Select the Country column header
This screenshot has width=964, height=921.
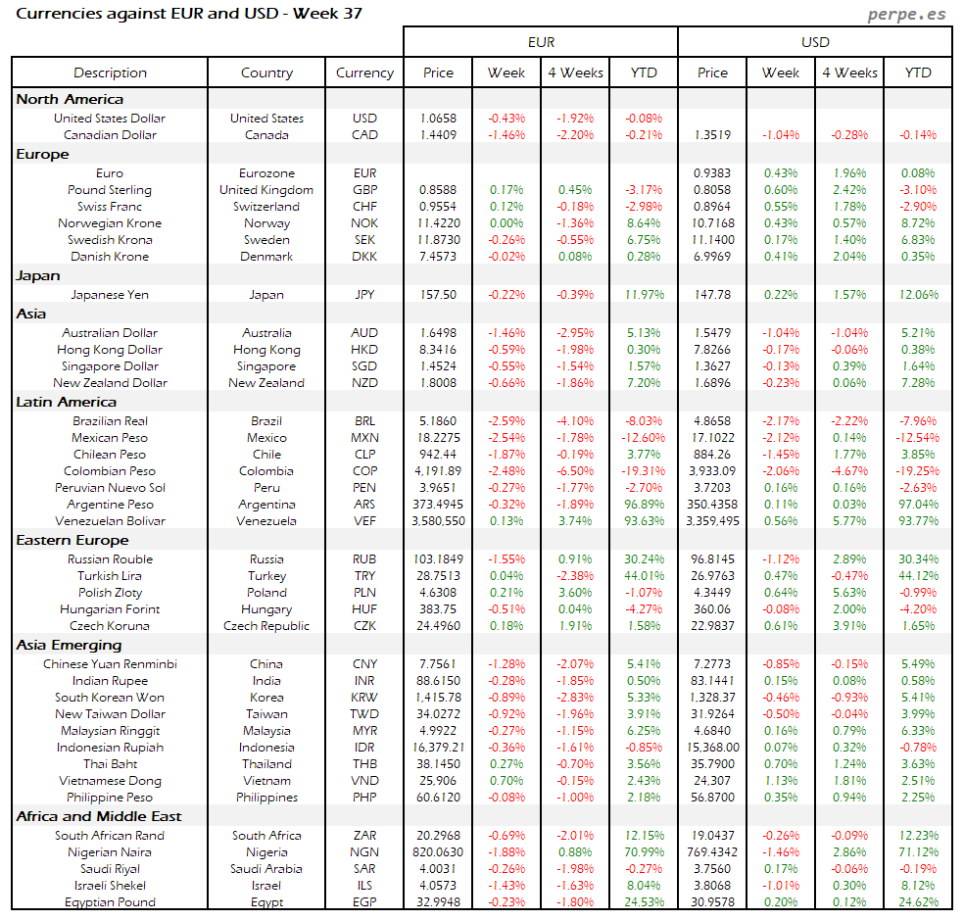tap(266, 73)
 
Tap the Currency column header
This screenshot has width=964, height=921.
tap(364, 73)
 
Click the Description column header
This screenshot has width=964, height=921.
tap(110, 73)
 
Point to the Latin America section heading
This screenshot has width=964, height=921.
tap(67, 402)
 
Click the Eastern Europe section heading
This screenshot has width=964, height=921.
tap(72, 540)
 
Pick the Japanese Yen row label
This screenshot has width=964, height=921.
tap(110, 294)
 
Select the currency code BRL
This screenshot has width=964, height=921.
tap(364, 420)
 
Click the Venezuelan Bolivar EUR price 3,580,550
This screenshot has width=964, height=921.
tap(438, 520)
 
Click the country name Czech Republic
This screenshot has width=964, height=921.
tap(266, 625)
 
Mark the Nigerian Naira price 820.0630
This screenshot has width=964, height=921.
tap(438, 851)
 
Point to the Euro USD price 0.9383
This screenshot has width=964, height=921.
tap(712, 172)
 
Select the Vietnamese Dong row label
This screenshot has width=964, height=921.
tap(110, 780)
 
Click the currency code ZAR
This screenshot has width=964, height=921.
tap(364, 835)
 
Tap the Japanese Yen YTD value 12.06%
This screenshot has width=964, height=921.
tap(918, 294)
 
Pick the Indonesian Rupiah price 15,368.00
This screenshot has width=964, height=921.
tap(712, 747)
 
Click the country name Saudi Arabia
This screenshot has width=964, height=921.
tap(266, 868)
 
